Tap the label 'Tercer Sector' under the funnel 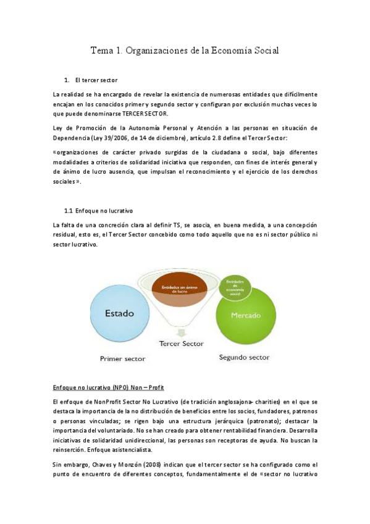point(181,344)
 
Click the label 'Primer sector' point(122,358)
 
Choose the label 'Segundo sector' point(245,357)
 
